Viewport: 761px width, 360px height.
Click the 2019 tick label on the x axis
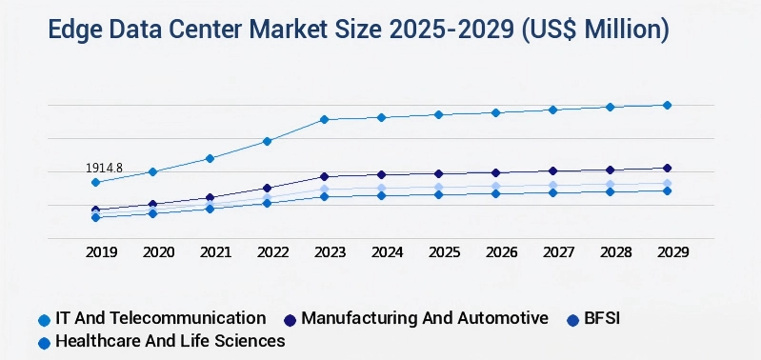click(101, 252)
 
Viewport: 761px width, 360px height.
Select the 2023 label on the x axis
click(330, 252)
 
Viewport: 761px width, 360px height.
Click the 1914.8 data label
click(105, 168)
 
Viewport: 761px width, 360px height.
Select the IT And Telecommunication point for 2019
click(95, 182)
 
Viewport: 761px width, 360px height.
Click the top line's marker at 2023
click(324, 119)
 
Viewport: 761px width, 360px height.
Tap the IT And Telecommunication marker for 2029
click(667, 105)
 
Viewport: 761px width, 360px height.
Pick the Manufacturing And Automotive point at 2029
click(667, 169)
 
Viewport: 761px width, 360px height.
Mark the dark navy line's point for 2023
click(324, 176)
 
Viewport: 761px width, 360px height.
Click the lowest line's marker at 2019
click(95, 217)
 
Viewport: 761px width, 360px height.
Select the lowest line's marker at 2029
click(667, 190)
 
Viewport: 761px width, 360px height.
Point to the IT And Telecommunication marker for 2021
click(210, 158)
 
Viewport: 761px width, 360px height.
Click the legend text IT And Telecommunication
click(160, 318)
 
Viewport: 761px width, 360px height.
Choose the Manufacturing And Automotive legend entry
click(425, 318)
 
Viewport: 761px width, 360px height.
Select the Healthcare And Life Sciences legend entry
click(170, 341)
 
